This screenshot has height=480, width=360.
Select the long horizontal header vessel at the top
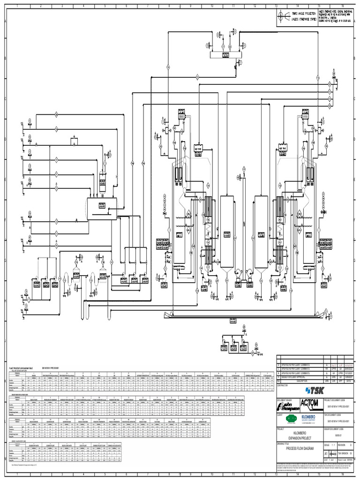click(x=225, y=55)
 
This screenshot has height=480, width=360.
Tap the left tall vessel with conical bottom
click(x=227, y=234)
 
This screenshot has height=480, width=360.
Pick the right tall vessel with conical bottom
click(x=261, y=234)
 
